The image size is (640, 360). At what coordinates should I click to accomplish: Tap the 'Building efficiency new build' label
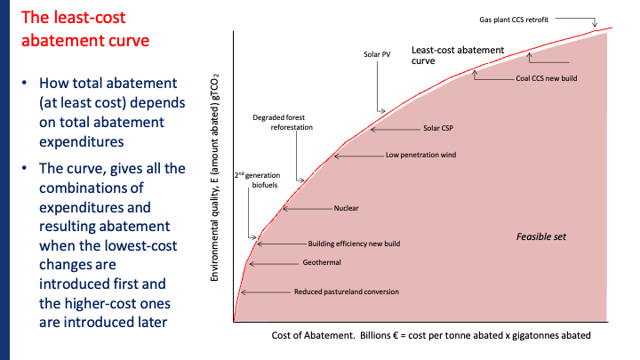point(354,243)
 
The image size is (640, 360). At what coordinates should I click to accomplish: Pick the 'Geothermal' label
point(322,263)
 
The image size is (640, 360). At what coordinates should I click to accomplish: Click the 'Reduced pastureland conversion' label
point(346,292)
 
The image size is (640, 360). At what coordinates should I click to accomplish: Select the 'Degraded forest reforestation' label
point(283,123)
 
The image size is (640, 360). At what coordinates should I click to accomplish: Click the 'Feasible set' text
point(541,237)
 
